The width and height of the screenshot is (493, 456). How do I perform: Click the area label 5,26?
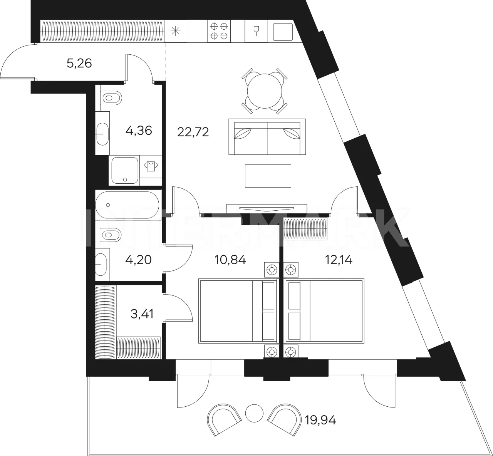[79, 64]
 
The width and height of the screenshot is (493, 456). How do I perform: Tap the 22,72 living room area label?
[193, 132]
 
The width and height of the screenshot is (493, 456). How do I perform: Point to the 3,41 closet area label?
[142, 314]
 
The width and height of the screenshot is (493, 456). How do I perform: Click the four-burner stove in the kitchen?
[219, 31]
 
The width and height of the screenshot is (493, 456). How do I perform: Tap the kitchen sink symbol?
[283, 31]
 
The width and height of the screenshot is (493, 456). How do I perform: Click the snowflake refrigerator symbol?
[176, 31]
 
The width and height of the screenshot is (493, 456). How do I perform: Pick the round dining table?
[265, 91]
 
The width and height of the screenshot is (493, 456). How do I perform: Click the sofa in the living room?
[267, 137]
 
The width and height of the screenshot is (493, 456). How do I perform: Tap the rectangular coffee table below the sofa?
[268, 176]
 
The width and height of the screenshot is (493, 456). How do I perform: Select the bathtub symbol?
[127, 205]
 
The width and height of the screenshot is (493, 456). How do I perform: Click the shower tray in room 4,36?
[125, 171]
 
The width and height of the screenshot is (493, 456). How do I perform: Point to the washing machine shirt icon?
[151, 166]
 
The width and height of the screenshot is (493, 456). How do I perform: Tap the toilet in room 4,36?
[111, 97]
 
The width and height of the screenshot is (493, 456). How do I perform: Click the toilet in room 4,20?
[111, 234]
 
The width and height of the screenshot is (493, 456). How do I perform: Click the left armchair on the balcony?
[224, 419]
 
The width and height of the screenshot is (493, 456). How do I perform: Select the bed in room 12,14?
[325, 311]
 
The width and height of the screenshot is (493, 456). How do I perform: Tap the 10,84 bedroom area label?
[230, 260]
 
